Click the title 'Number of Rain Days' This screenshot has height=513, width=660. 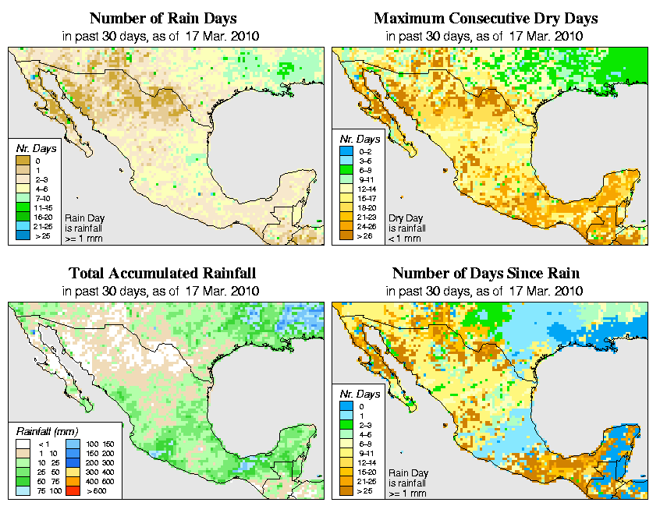point(162,18)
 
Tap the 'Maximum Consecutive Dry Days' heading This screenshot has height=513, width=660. point(486,18)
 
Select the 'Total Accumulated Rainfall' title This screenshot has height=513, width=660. point(162,274)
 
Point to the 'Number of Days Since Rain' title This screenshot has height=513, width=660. point(486,274)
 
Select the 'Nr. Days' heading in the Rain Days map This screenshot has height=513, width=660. point(33,148)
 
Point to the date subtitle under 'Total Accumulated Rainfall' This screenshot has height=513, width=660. point(162,291)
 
